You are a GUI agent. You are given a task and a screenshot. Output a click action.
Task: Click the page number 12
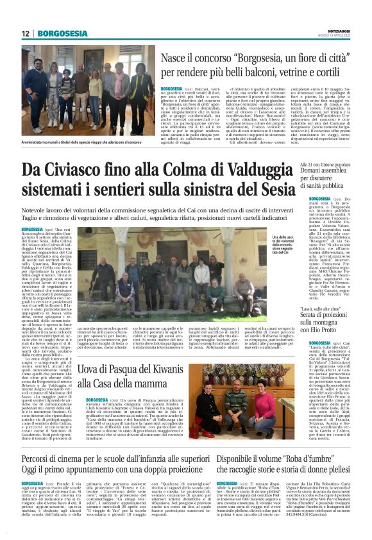point(25,33)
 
